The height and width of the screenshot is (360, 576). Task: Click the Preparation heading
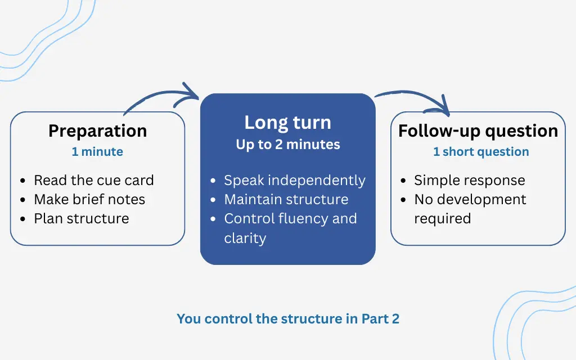point(97,130)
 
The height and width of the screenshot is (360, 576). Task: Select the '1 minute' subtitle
point(97,152)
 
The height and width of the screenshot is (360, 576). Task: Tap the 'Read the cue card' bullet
point(93,181)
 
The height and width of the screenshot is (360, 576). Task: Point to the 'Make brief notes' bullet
point(89,200)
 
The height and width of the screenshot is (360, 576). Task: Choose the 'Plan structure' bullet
point(82,219)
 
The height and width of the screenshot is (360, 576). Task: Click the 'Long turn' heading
point(287,123)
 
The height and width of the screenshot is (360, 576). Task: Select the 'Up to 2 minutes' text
point(287,145)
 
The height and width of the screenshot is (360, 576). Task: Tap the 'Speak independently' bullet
point(294,181)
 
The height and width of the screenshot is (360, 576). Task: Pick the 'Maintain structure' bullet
point(286,200)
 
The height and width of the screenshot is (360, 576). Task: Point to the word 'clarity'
point(245,238)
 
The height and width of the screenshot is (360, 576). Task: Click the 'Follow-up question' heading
point(478,130)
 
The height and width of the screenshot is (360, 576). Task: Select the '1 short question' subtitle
point(481,152)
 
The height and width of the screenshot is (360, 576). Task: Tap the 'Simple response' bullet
point(469,181)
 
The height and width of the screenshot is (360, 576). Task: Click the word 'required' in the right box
point(442,219)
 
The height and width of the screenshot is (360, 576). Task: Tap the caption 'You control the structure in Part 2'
point(288,319)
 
